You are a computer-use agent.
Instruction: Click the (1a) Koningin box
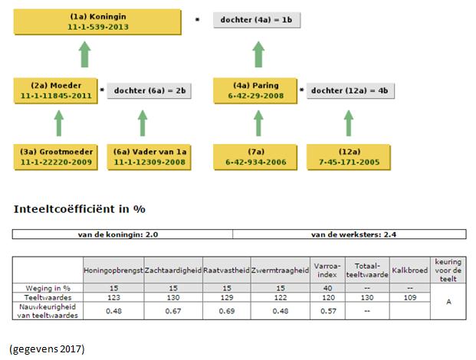pyautogui.click(x=97, y=22)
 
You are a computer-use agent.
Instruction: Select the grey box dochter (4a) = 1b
pyautogui.click(x=257, y=20)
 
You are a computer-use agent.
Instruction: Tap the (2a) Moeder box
pyautogui.click(x=56, y=90)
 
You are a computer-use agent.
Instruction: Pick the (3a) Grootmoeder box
pyautogui.click(x=56, y=157)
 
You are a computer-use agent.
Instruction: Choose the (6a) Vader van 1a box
pyautogui.click(x=149, y=157)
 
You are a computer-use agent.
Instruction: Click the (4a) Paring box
pyautogui.click(x=255, y=90)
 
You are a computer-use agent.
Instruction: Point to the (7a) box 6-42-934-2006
pyautogui.click(x=255, y=157)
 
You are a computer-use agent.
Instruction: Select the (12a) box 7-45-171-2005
pyautogui.click(x=349, y=157)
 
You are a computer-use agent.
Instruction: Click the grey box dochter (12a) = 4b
pyautogui.click(x=350, y=90)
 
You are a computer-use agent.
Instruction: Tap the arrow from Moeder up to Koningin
pyautogui.click(x=84, y=54)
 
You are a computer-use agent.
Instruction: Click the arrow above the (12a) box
pyautogui.click(x=349, y=123)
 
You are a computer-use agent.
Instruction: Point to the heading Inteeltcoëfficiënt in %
pyautogui.click(x=80, y=209)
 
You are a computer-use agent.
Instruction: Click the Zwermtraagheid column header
pyautogui.click(x=281, y=270)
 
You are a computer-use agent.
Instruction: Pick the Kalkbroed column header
pyautogui.click(x=410, y=270)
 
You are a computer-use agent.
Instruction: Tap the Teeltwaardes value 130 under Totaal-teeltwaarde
pyautogui.click(x=367, y=297)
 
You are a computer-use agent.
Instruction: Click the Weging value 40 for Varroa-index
pyautogui.click(x=327, y=288)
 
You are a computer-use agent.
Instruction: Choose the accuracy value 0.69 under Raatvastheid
pyautogui.click(x=227, y=311)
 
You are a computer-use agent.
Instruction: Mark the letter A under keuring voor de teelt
pyautogui.click(x=448, y=302)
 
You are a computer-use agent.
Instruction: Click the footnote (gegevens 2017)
pyautogui.click(x=47, y=349)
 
